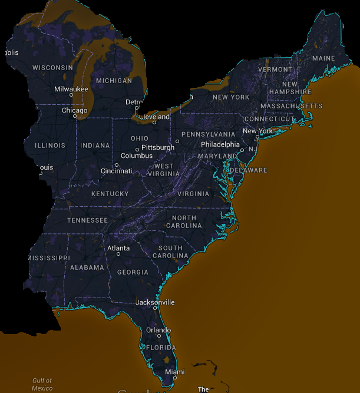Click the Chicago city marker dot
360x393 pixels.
point(75,116)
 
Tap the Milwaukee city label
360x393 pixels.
point(71,89)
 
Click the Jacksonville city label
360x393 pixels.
point(155,302)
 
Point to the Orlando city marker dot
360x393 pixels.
point(158,336)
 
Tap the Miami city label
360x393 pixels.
point(174,372)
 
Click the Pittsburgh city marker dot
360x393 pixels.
point(177,141)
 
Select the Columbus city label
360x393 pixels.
point(137,156)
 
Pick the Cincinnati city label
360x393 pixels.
point(116,171)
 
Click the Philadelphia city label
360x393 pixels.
point(220,144)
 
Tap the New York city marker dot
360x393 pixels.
point(257,137)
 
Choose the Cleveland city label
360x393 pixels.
point(154,117)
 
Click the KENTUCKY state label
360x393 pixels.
point(110,194)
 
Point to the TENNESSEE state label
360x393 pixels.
point(87,220)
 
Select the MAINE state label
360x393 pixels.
point(323,58)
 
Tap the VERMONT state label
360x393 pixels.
point(275,69)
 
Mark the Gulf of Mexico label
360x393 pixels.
point(42,384)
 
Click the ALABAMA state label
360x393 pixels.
point(87,267)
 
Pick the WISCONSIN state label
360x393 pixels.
point(52,68)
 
